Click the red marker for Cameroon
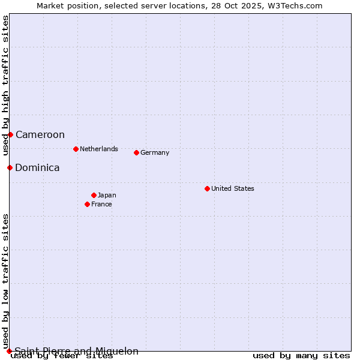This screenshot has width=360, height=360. [x=10, y=134]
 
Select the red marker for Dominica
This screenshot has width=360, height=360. [x=10, y=167]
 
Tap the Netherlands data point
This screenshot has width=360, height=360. [x=76, y=149]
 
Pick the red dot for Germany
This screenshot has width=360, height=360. [x=136, y=152]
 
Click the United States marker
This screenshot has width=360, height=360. [x=207, y=188]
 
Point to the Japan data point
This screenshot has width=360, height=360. [x=94, y=195]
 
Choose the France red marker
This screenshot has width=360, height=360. [x=87, y=204]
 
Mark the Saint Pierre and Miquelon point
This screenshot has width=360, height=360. [x=9, y=351]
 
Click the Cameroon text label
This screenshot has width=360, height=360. [x=40, y=135]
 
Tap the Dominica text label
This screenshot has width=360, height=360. [x=37, y=168]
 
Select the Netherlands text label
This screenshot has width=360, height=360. [x=99, y=149]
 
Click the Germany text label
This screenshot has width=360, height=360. [x=155, y=152]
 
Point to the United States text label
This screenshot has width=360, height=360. [x=233, y=188]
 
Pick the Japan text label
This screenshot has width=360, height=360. [x=107, y=195]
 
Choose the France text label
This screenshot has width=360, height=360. [x=101, y=204]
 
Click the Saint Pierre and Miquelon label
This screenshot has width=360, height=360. [x=77, y=352]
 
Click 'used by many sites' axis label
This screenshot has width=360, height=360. [x=301, y=356]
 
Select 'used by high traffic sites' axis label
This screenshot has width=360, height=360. [x=5, y=86]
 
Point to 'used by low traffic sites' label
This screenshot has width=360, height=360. [x=5, y=281]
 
